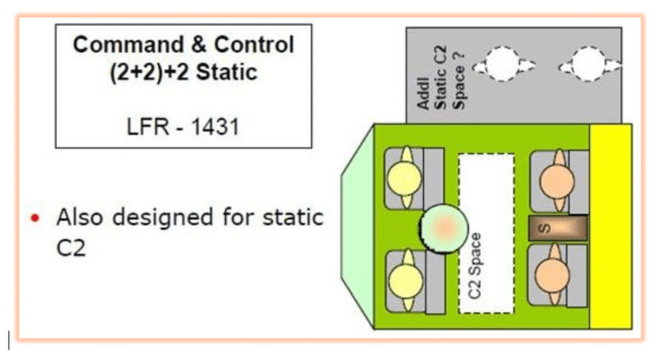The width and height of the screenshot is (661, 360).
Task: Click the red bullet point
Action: pyautogui.click(x=34, y=218)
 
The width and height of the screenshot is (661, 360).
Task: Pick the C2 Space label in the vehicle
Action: pyautogui.click(x=475, y=265)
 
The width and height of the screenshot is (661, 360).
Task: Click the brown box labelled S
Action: pyautogui.click(x=559, y=228)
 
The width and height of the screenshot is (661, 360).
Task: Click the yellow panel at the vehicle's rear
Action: pyautogui.click(x=611, y=228)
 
